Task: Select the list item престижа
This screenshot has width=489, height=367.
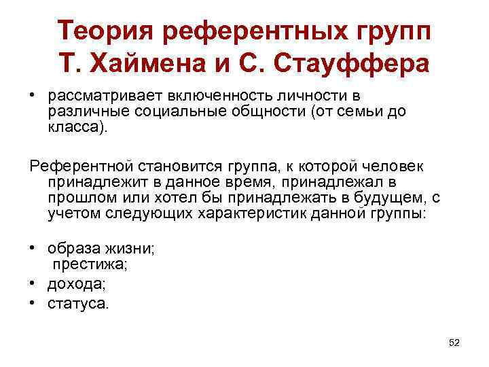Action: click(82, 266)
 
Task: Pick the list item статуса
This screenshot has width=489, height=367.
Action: click(78, 303)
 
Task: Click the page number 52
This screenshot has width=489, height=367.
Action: click(454, 343)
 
